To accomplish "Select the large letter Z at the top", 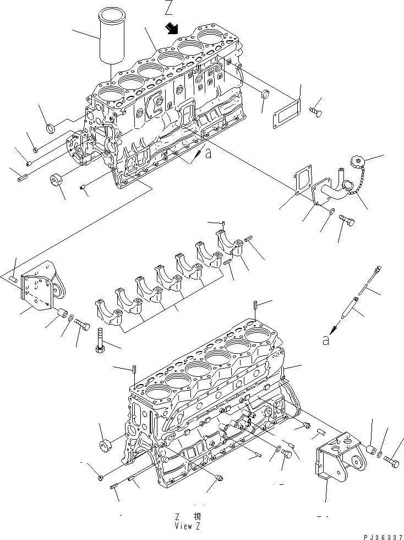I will click(169, 7).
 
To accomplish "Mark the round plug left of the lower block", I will click(105, 445).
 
